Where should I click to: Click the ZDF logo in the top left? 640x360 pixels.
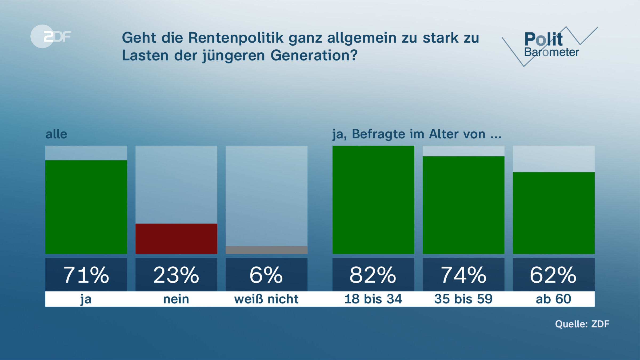click(x=51, y=36)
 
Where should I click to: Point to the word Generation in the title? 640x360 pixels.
click(x=314, y=55)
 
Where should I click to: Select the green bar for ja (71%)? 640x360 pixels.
click(x=86, y=207)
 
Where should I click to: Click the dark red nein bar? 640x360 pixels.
click(x=176, y=239)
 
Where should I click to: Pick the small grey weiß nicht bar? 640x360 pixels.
click(x=266, y=250)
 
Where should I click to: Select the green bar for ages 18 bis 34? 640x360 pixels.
click(x=373, y=200)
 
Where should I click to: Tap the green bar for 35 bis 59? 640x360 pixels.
click(x=463, y=205)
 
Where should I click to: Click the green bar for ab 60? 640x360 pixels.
click(x=554, y=213)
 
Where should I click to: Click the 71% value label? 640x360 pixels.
click(x=86, y=275)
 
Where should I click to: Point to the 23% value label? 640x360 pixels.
click(x=176, y=275)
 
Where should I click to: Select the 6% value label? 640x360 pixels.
click(x=266, y=275)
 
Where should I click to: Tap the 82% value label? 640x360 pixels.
click(x=373, y=275)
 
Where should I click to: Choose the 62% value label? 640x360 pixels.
click(x=554, y=275)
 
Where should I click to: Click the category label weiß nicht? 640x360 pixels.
click(x=266, y=299)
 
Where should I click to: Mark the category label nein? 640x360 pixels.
click(x=176, y=299)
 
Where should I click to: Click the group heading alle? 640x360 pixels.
click(x=56, y=134)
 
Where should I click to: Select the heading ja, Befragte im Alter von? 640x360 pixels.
click(x=417, y=134)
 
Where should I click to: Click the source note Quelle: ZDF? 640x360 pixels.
click(x=582, y=324)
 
